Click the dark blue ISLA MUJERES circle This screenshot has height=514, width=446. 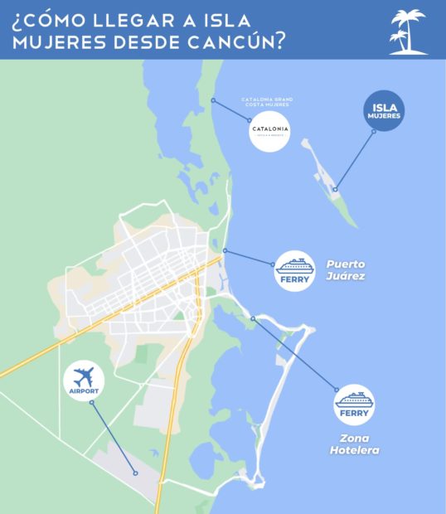tap(384, 110)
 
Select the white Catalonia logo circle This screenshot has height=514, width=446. tap(269, 133)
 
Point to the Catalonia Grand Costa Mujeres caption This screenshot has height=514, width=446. tap(268, 104)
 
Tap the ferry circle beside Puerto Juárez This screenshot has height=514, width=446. tap(295, 270)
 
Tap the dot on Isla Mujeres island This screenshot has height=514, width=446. tap(336, 190)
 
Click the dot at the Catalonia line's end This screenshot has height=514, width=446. tap(213, 100)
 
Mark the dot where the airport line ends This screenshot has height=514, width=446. tap(135, 473)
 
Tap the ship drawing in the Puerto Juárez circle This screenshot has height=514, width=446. tap(295, 265)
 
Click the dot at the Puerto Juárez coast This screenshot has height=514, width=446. tap(225, 250)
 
